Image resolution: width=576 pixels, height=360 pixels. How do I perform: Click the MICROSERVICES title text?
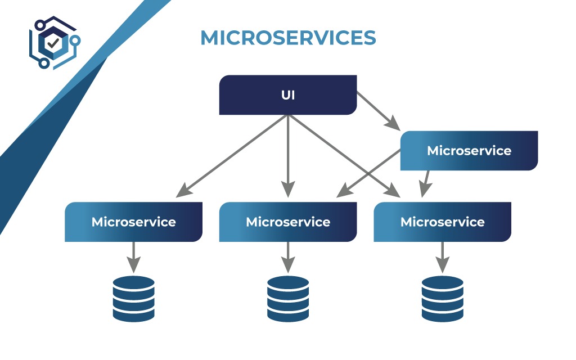click(x=288, y=38)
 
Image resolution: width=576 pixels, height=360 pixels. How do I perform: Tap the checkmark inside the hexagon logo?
click(x=53, y=43)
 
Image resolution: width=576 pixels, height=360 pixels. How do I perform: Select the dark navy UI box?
click(x=288, y=95)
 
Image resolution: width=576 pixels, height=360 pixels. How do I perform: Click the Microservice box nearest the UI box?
click(x=469, y=151)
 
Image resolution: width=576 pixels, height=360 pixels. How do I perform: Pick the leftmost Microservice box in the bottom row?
click(x=133, y=222)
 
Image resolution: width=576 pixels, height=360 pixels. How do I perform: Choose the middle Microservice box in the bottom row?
click(x=288, y=222)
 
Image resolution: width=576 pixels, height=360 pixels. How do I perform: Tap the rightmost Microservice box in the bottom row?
click(x=442, y=222)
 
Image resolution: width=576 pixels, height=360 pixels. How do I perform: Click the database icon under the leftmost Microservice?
click(x=133, y=299)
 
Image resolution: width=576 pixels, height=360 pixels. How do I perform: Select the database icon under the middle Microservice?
click(x=288, y=299)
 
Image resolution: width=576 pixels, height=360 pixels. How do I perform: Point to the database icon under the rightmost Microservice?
click(x=442, y=299)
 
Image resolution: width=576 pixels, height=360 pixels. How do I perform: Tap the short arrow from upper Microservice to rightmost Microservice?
click(x=426, y=183)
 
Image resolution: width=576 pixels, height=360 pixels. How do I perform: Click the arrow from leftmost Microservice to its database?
click(x=133, y=256)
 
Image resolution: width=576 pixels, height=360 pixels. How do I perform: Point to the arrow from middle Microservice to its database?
click(x=288, y=256)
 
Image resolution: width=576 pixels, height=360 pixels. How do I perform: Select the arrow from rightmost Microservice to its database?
click(x=442, y=256)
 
